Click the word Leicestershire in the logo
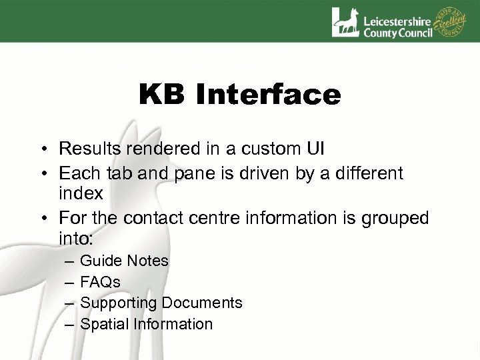[x=397, y=15]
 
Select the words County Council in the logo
[x=397, y=31]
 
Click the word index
[x=80, y=193]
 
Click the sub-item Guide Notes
[x=124, y=260]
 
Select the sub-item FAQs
[x=100, y=281]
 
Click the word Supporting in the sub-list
[x=117, y=303]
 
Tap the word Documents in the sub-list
[x=201, y=303]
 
